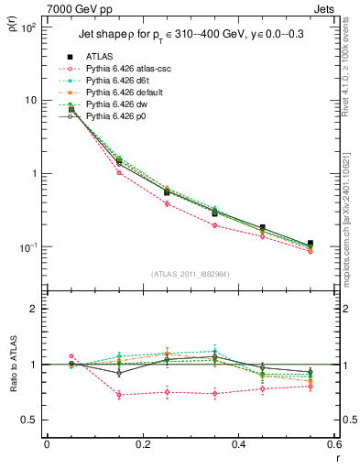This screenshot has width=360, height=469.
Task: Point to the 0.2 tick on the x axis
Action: tap(142, 444)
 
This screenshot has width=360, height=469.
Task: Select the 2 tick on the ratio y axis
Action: tap(35, 309)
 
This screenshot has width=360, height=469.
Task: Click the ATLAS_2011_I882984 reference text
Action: tap(191, 273)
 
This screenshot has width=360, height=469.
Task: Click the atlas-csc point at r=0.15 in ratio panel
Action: tap(119, 395)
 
